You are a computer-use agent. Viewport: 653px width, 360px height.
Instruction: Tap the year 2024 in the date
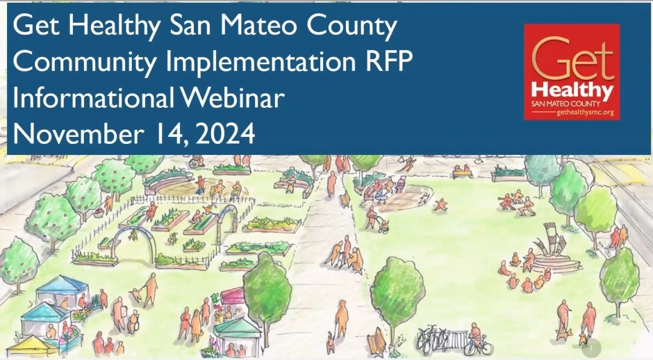225,133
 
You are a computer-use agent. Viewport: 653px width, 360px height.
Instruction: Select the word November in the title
78,133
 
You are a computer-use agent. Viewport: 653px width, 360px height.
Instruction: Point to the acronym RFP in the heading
388,61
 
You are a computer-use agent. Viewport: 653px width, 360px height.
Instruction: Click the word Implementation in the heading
261,62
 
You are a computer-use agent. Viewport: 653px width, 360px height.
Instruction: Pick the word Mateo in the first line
258,25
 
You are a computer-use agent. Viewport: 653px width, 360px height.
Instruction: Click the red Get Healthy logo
572,72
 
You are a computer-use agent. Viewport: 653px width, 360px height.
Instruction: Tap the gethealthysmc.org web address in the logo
585,113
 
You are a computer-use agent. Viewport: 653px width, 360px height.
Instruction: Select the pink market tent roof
233,295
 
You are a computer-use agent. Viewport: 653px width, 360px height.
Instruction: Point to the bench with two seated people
462,172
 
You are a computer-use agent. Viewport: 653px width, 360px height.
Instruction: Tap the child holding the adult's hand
135,294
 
